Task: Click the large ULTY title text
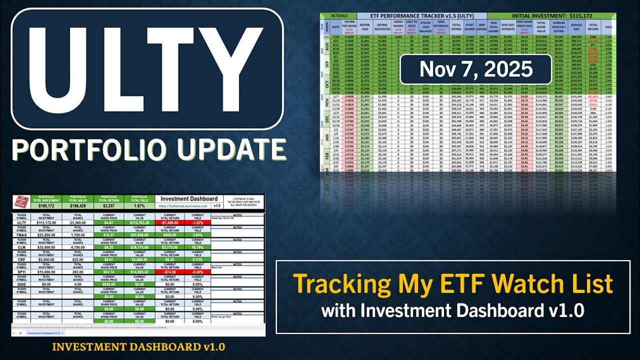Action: click(x=146, y=70)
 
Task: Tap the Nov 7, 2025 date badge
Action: click(x=476, y=68)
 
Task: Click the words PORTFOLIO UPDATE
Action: click(x=148, y=150)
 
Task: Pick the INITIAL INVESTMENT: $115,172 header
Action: click(x=551, y=15)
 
